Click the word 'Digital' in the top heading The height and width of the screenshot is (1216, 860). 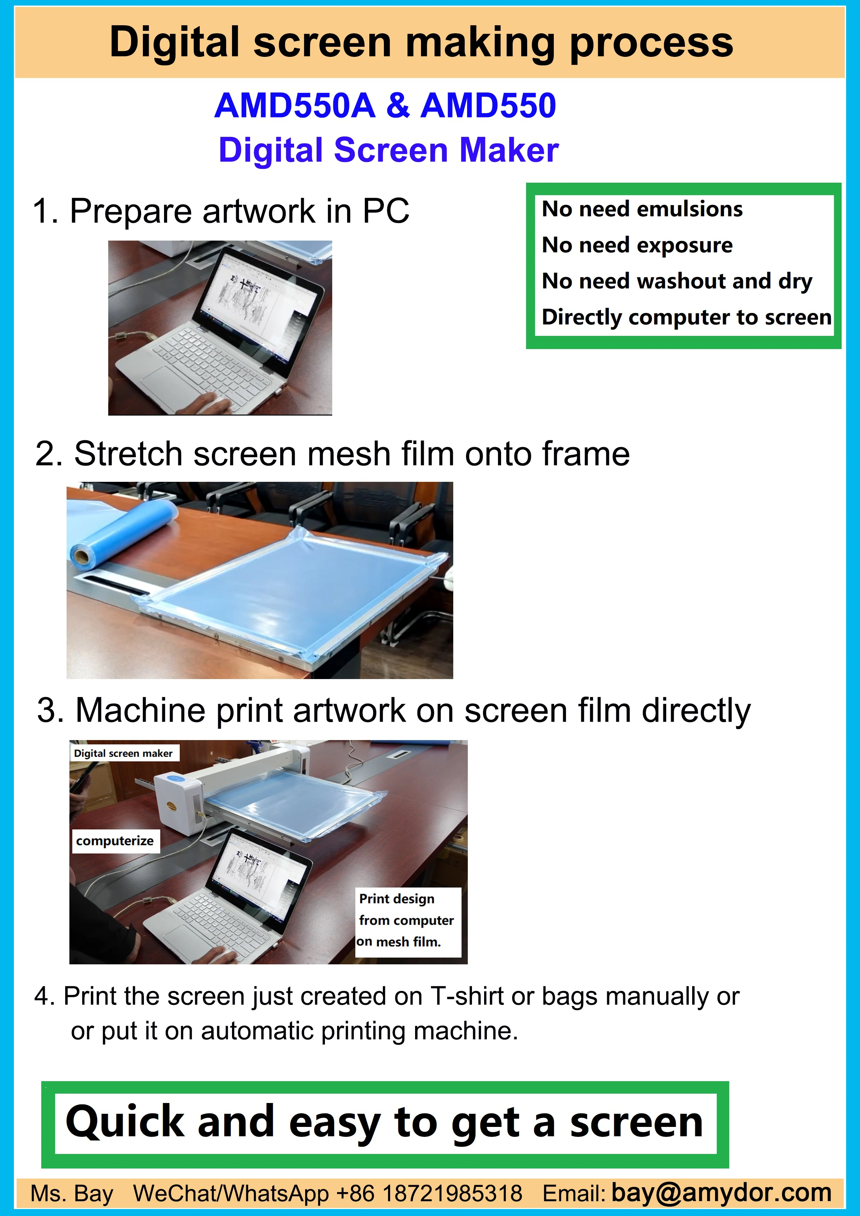[175, 42]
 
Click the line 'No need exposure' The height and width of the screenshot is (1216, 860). [637, 245]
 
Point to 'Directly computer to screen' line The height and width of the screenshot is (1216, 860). [686, 317]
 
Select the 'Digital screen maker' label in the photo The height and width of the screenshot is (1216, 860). [123, 753]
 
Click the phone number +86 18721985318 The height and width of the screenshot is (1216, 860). [429, 1194]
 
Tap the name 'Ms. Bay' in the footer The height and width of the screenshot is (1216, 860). [72, 1194]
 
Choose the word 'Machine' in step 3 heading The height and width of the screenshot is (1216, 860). [140, 710]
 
